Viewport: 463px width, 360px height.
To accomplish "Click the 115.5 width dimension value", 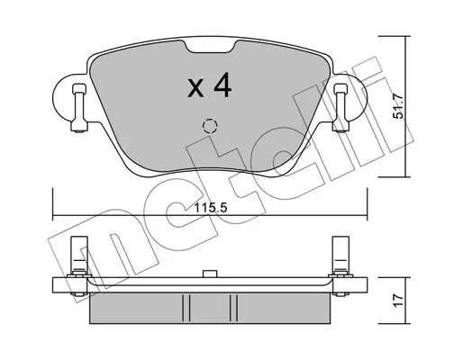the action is (x=211, y=208).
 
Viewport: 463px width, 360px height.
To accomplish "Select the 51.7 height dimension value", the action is (x=398, y=106).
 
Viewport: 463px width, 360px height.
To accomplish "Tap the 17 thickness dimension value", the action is (x=398, y=301).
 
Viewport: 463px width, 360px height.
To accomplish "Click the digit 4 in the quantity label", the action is (x=222, y=85).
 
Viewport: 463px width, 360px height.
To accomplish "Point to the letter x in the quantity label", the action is (x=195, y=89).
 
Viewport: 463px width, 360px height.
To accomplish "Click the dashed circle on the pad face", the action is (x=210, y=126).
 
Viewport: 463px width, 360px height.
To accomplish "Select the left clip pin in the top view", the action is (x=79, y=108).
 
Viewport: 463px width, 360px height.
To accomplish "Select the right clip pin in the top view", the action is (x=340, y=108).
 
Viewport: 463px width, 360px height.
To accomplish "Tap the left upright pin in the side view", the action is (x=79, y=255).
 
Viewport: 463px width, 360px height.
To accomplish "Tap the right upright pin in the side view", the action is (x=340, y=255).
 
